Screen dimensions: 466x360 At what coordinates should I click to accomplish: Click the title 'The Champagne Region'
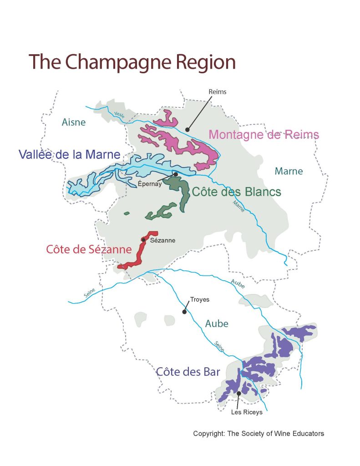pos(132,62)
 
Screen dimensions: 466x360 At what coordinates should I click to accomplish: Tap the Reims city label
pos(217,92)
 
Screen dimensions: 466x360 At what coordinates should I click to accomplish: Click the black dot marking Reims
pos(187,130)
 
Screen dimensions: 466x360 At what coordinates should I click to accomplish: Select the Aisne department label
pos(74,122)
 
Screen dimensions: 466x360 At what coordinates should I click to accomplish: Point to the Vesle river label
pos(119,116)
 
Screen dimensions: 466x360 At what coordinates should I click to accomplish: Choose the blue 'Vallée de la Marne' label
pos(69,155)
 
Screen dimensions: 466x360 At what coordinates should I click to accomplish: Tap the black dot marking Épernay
pos(176,174)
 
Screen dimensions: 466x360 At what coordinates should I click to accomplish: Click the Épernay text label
pos(150,184)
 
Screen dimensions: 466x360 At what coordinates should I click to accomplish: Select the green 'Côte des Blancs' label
pos(236,192)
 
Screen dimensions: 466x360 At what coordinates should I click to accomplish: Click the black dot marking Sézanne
pos(143,240)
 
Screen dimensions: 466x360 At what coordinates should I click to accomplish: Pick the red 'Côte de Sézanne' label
pos(89,250)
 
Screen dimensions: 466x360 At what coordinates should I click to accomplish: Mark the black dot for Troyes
pos(184,312)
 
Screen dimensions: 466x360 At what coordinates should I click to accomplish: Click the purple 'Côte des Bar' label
pos(188,372)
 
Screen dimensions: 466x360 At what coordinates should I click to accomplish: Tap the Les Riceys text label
pos(247,412)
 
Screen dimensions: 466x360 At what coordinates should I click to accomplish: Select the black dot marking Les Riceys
pos(238,393)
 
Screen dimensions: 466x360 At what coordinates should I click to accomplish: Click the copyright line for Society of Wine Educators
pos(259,434)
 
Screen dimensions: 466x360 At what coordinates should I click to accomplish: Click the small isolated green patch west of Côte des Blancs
pos(127,213)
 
